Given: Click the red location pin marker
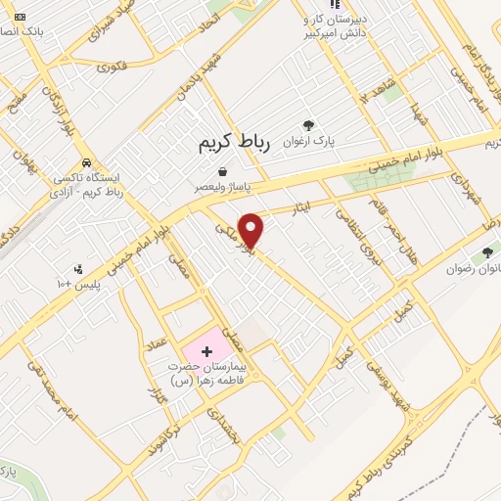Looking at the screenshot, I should (252, 229).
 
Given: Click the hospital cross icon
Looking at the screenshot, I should (206, 349).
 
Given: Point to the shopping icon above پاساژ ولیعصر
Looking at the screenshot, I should (224, 171).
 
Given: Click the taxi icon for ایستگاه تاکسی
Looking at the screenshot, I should (89, 162).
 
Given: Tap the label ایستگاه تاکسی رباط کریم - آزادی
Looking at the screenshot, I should (91, 184).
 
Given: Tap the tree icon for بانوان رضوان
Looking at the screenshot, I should (488, 253).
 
